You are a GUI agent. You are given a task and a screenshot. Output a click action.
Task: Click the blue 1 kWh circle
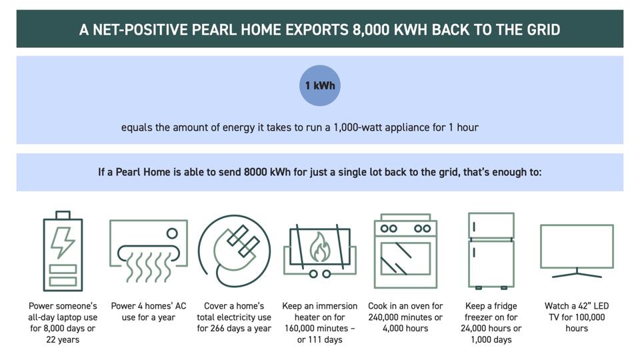coord(320,85)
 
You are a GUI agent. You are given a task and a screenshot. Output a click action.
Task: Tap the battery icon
coord(63,252)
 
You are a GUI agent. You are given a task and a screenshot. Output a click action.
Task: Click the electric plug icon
coord(235,251)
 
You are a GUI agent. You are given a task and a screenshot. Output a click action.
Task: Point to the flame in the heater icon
coord(319,248)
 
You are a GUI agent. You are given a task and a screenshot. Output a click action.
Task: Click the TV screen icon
coord(577,248)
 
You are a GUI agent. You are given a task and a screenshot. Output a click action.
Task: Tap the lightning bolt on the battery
coord(63,242)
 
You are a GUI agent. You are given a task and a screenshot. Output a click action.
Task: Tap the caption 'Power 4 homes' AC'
coord(149,306)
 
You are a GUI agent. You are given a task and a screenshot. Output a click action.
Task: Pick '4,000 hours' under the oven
coord(405,329)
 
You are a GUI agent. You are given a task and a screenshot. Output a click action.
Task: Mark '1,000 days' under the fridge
coord(491,340)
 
